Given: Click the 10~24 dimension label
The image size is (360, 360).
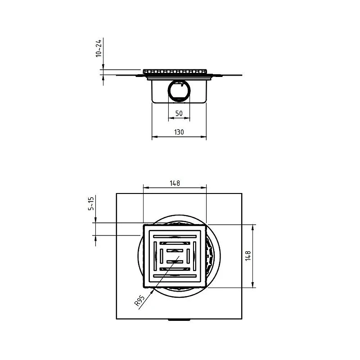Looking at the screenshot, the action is pos(99,48).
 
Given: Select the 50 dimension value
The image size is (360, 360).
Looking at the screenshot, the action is pos(179,113).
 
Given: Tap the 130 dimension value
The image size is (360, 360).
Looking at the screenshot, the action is pos(179,132).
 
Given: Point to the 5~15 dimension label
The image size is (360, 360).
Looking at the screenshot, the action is pos(91,203).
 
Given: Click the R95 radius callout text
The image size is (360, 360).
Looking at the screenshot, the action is pos(139,301).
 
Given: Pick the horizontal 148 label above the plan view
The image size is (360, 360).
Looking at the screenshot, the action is pos(175,183).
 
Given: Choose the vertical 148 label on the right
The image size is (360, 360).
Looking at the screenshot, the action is pos(248,256).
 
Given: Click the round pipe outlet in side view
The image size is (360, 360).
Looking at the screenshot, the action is pos(179,90).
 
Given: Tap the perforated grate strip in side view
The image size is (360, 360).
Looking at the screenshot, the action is pos(175,72).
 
